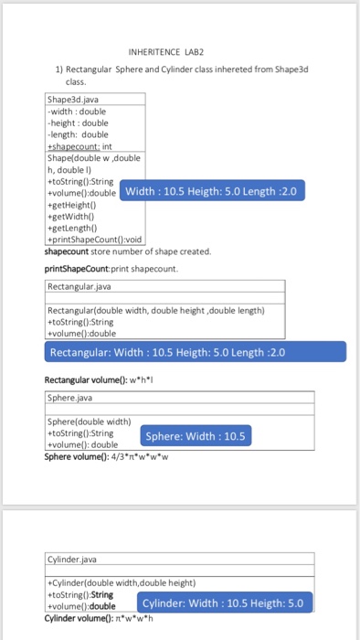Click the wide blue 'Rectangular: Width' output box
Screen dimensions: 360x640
tap(195, 352)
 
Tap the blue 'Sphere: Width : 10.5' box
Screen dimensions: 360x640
tap(196, 435)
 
